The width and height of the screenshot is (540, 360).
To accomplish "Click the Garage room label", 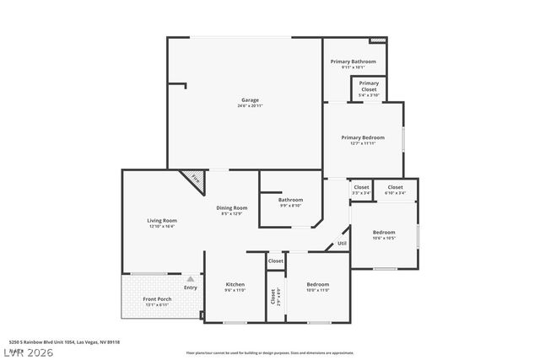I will (x=250, y=99).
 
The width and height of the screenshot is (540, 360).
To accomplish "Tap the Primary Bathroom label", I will (x=353, y=62).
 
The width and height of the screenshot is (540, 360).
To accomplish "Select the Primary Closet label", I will (x=369, y=86).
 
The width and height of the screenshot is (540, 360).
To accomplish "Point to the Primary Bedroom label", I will (x=363, y=137).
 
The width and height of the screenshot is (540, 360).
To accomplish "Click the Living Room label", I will (x=161, y=221).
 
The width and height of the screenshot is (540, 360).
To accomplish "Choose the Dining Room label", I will (x=233, y=207).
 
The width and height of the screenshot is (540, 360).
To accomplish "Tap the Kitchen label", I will (x=235, y=284).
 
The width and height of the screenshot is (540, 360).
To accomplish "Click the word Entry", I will (x=191, y=287).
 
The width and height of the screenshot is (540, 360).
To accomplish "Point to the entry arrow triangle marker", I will (x=191, y=278).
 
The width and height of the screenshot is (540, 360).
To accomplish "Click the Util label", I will (x=342, y=244).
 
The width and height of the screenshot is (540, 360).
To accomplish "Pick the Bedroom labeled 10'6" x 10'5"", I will (x=384, y=232).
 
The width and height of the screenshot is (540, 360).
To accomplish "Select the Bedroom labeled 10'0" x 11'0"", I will (x=318, y=284).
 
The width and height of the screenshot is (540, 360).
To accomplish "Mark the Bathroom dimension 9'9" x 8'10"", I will (x=290, y=206).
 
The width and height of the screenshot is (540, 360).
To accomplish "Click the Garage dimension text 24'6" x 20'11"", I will (x=250, y=105).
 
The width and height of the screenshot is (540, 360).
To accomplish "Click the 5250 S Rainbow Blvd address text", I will (x=64, y=342).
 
